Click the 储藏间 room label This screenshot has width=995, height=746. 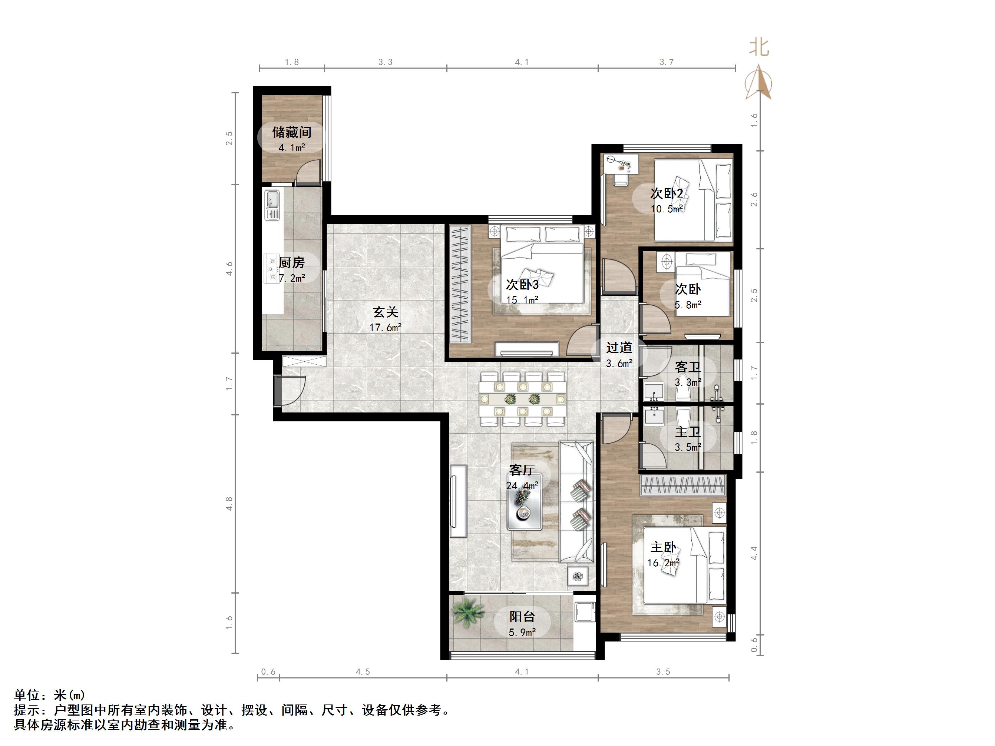coord(291,132)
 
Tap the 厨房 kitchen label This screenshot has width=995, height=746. coord(291,262)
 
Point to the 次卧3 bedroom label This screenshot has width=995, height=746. coord(522,284)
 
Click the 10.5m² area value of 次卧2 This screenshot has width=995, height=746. coord(667,209)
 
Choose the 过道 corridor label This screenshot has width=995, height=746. coord(619,348)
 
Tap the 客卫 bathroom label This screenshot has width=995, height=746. coord(688,367)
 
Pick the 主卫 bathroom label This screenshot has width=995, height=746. coord(688,432)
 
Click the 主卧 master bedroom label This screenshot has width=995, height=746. coord(664,547)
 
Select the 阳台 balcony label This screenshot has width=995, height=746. coord(522,617)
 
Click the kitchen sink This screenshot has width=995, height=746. coord(272,205)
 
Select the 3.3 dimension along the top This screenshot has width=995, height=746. coord(385,62)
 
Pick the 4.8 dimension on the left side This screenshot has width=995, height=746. coord(229,504)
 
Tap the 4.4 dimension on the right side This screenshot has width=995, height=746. coord(754,553)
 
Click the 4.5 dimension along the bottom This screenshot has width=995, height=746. coord(363,672)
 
